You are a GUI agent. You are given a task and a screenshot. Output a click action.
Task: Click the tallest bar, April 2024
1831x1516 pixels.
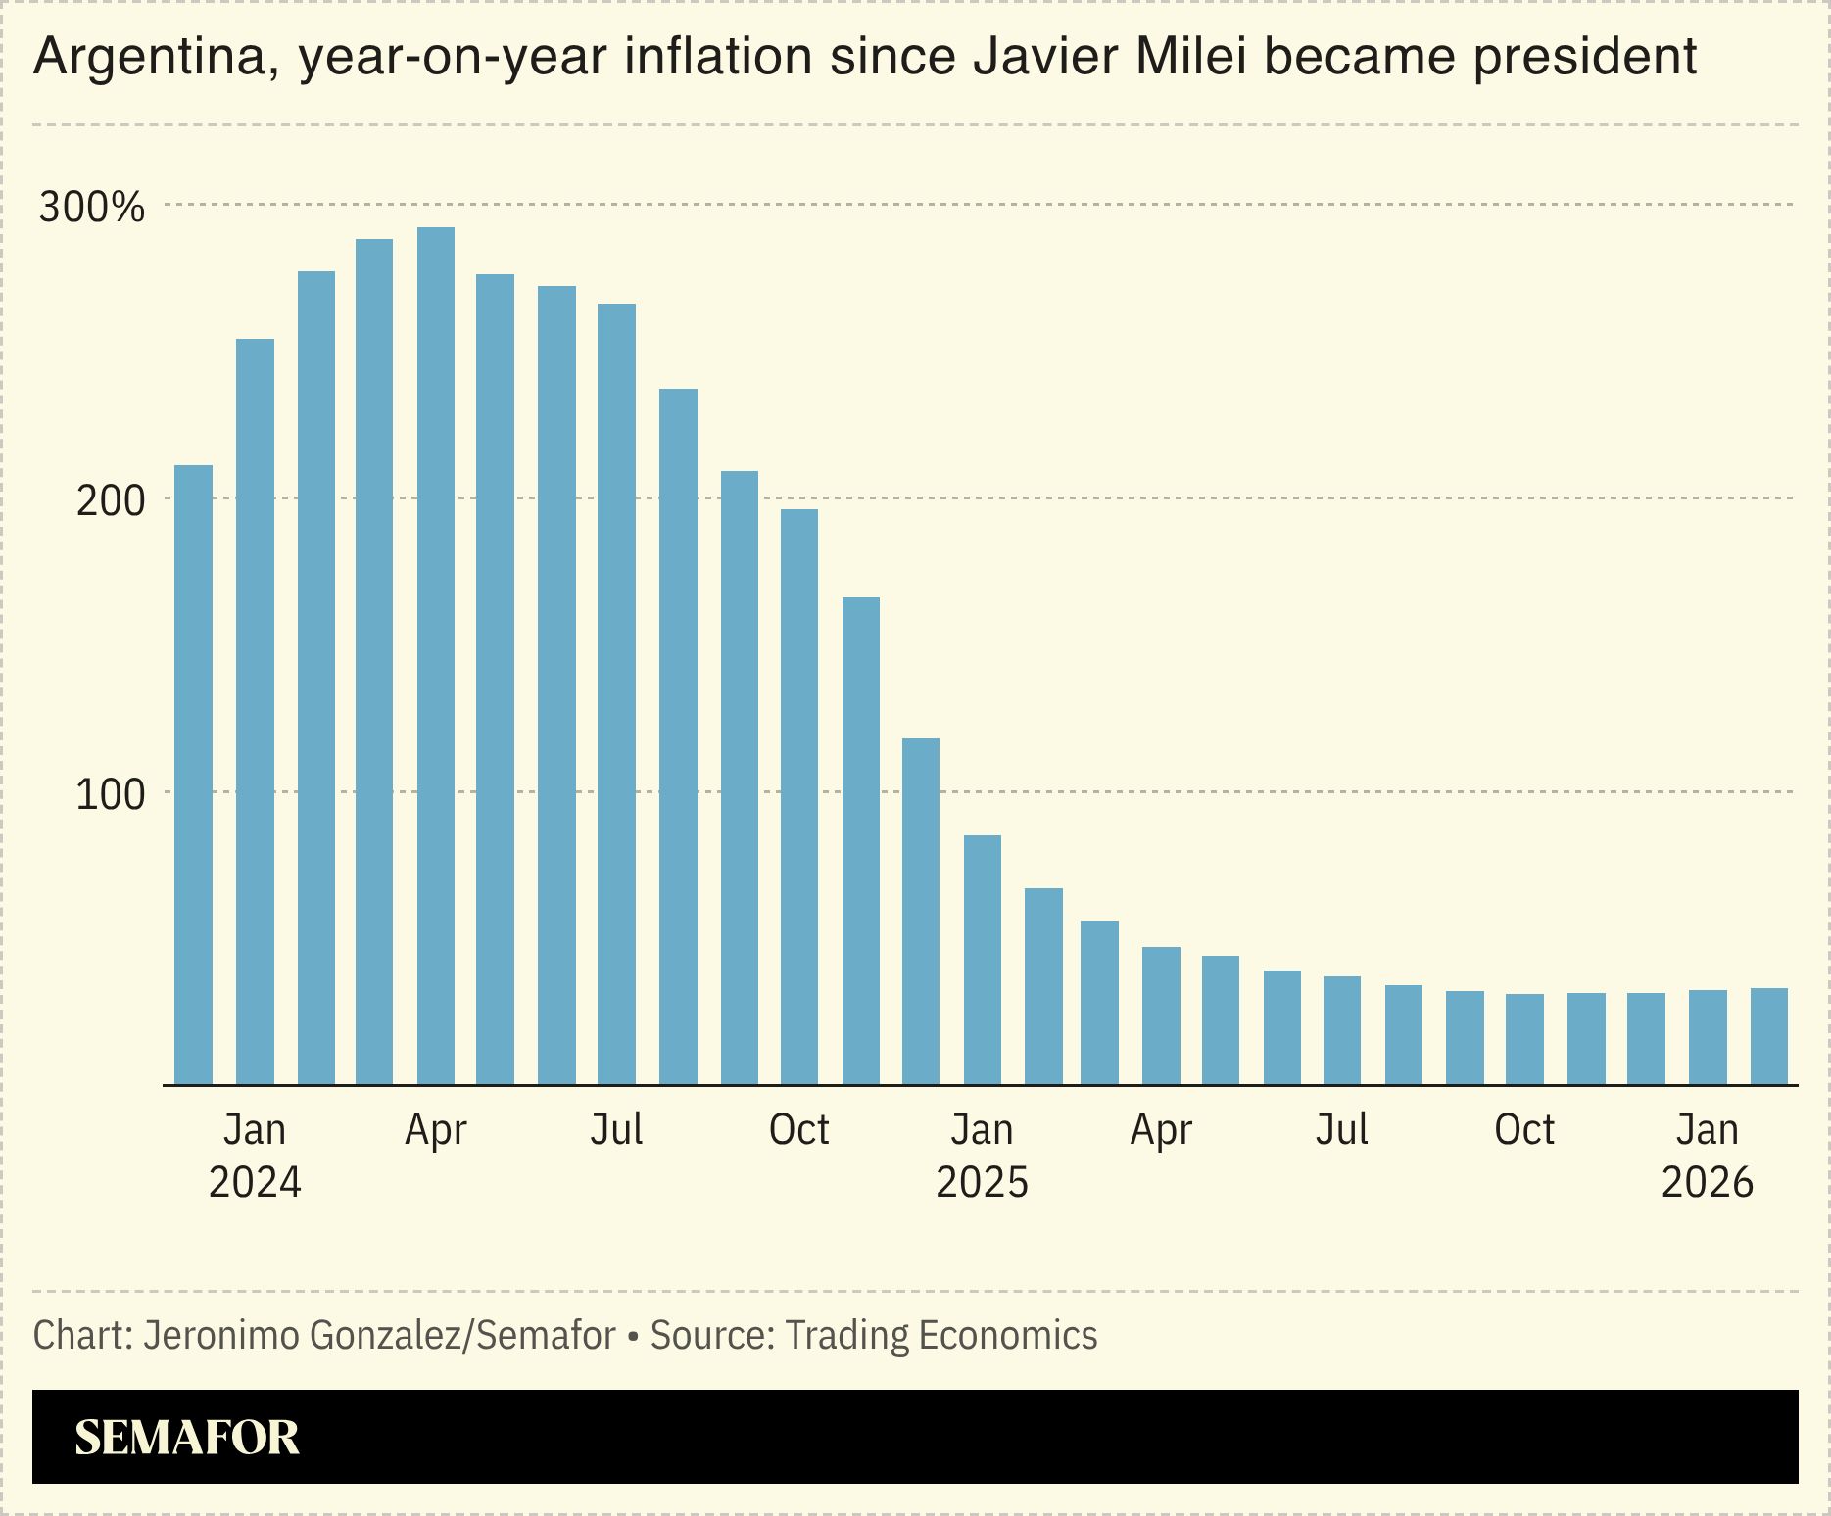pos(436,656)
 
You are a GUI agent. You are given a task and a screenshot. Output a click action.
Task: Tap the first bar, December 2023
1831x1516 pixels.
pos(193,775)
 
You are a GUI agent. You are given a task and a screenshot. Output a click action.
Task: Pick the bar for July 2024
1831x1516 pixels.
pos(616,694)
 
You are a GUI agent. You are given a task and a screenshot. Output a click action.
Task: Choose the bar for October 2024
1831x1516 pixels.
pos(799,797)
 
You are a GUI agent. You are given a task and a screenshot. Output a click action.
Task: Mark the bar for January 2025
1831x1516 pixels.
pos(983,960)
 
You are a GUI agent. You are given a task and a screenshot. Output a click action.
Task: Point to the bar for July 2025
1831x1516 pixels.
pos(1342,1030)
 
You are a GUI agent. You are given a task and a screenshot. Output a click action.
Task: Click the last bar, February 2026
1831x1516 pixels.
pos(1769,1036)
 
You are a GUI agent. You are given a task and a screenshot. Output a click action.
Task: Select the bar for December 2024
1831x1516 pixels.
pos(921,912)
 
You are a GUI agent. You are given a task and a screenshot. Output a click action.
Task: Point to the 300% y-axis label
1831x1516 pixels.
pos(91,208)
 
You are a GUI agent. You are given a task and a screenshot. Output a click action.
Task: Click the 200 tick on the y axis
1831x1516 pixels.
pos(110,500)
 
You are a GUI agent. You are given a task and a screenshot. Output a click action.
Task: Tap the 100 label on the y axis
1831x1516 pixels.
pos(110,794)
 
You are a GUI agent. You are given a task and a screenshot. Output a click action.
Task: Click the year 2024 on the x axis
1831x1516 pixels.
pos(255,1182)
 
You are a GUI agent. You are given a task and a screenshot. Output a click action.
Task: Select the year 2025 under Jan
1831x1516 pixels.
pos(983,1182)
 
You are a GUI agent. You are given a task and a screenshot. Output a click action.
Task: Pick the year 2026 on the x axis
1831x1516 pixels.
pos(1708,1182)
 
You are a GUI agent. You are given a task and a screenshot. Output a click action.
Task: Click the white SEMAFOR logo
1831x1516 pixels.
pos(187,1437)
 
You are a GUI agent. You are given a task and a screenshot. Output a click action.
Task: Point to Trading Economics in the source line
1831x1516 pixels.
pos(941,1336)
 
